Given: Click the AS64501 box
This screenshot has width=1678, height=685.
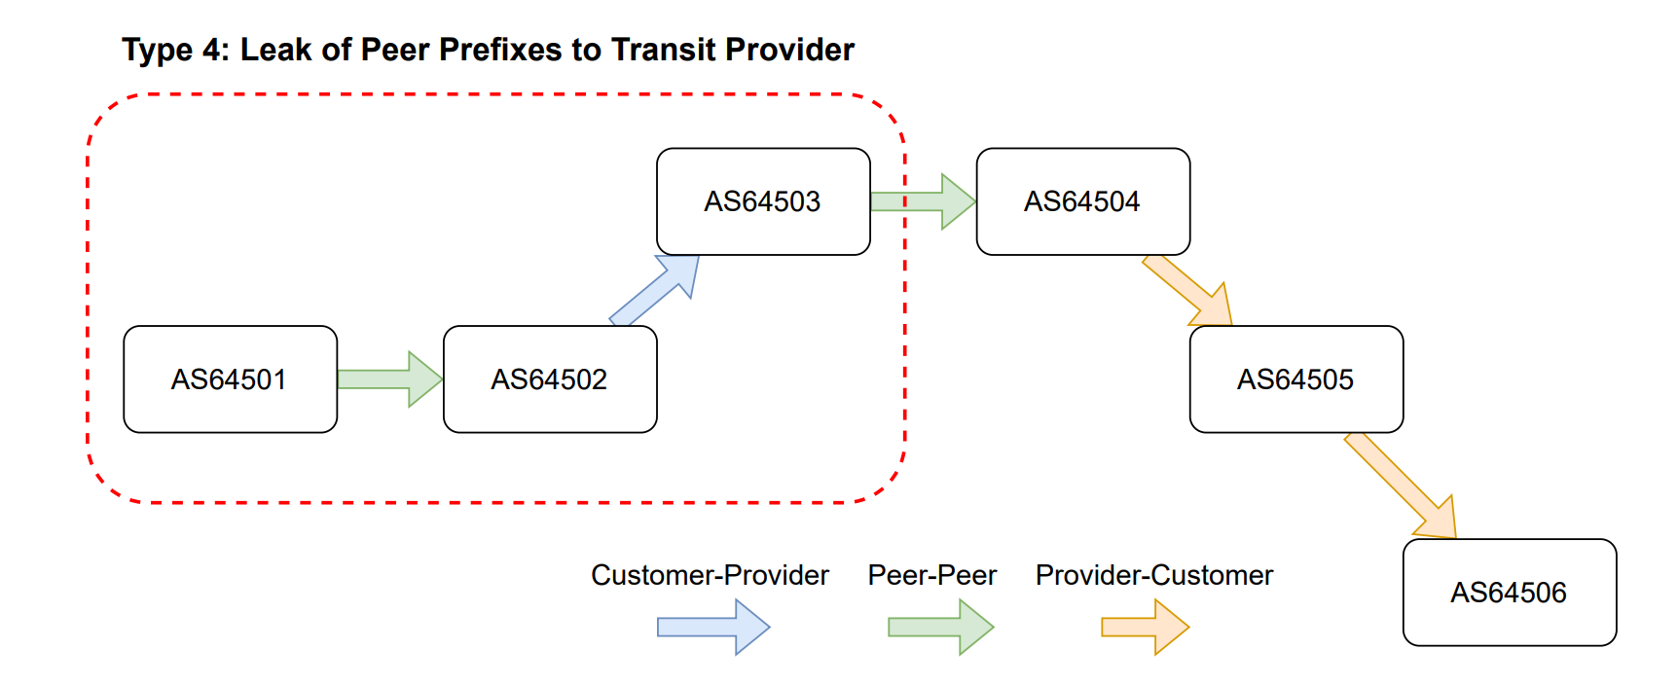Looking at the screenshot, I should (230, 379).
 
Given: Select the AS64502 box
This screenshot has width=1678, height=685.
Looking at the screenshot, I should (550, 379).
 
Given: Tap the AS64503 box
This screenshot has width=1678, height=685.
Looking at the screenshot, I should (763, 201).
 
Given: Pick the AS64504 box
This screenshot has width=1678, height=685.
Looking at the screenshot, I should (1082, 201).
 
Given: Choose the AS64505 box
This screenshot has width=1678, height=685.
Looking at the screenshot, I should (1295, 379).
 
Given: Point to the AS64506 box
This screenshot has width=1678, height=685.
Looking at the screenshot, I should (1509, 593).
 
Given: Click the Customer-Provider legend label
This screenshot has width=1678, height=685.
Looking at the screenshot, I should (710, 576).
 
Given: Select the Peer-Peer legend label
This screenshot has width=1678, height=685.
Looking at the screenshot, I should (931, 576).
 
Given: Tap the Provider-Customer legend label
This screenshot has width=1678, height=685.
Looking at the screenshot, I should (1153, 576).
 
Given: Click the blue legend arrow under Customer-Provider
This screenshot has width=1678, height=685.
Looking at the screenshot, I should (713, 628).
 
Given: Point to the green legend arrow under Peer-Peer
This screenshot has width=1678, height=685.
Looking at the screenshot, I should (940, 628).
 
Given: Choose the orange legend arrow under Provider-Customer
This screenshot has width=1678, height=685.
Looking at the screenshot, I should (1145, 628).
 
